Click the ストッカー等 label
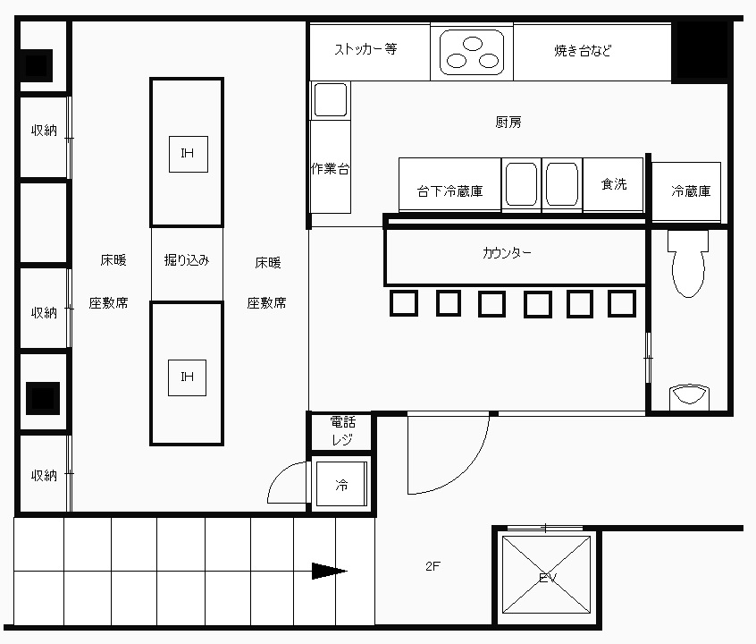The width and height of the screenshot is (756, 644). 366,49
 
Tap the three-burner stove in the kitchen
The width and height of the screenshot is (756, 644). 472,52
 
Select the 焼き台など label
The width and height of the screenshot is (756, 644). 583,50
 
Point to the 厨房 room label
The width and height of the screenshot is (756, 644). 508,123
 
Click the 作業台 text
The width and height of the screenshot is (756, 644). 330,168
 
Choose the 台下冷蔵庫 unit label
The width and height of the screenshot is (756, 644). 449,191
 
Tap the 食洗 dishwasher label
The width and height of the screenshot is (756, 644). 614,184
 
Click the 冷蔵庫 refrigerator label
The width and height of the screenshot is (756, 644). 691,191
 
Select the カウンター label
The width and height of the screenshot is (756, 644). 507,253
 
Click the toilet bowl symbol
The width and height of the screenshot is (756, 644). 688,264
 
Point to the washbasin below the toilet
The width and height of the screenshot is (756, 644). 690,397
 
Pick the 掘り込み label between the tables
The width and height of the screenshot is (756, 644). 187,260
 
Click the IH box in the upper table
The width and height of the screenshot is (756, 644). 188,154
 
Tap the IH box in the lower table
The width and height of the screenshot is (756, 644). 187,377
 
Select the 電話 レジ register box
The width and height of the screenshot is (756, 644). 342,431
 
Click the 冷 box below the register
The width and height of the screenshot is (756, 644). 341,484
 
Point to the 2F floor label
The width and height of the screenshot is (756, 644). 433,566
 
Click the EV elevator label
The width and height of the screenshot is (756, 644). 547,578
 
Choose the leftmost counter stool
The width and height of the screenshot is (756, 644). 404,303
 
